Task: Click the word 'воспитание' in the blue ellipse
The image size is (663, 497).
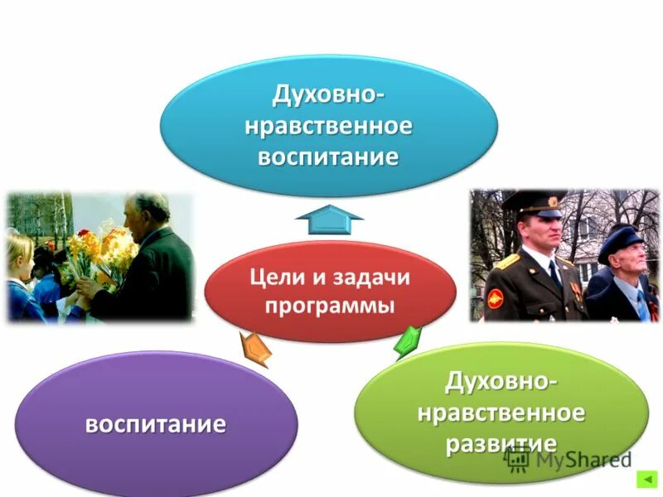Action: coord(328,157)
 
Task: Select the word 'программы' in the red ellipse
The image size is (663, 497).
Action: coord(329,305)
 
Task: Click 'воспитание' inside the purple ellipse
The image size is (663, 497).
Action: coord(156,425)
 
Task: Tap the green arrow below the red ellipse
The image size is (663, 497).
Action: coord(407,341)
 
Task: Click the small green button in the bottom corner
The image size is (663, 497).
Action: coord(646,480)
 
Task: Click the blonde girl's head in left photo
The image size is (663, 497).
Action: coord(18,248)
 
